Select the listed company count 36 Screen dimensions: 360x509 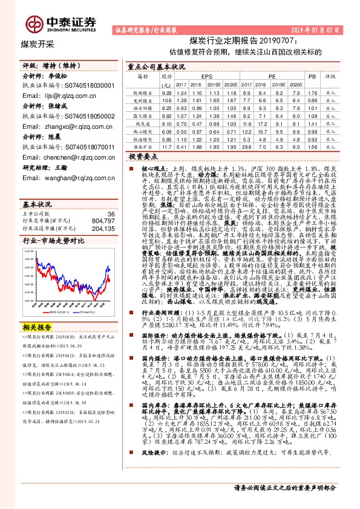click(x=110, y=214)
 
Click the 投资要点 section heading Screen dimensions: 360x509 click(x=143, y=156)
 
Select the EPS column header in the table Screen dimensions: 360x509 click(x=207, y=77)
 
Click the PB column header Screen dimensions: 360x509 click(x=312, y=77)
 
